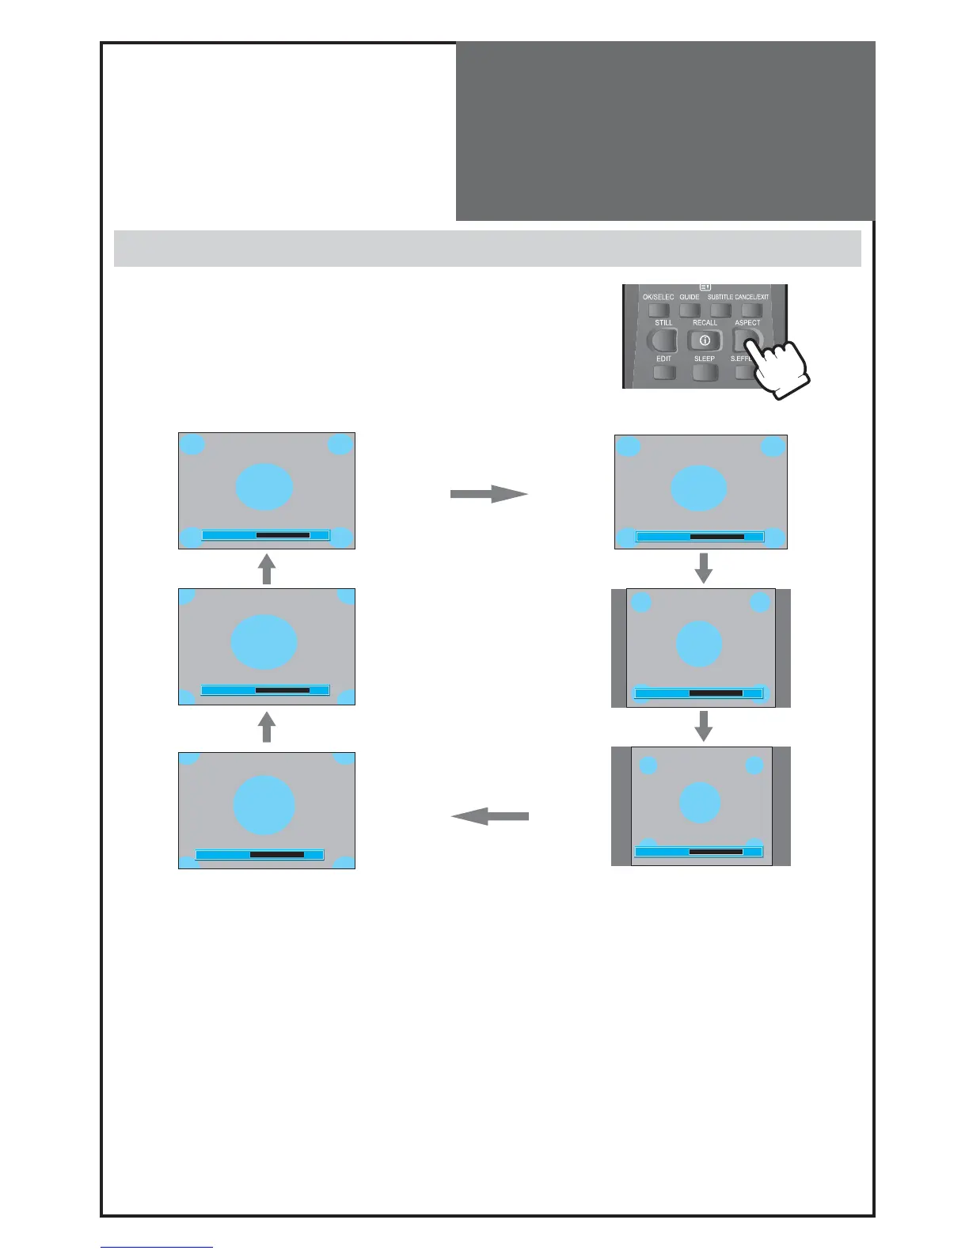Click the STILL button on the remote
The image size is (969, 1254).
(x=663, y=340)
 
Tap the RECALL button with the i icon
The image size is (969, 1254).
(x=705, y=340)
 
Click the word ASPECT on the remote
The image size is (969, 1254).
(x=747, y=322)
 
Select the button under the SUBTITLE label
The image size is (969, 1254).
(x=720, y=310)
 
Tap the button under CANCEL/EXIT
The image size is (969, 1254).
(x=751, y=310)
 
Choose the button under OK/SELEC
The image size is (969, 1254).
(x=659, y=310)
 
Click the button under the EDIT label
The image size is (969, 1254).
(x=663, y=372)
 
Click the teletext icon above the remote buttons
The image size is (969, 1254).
(x=705, y=287)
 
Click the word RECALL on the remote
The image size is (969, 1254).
(x=705, y=322)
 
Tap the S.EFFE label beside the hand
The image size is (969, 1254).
(x=741, y=359)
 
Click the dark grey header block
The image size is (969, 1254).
(x=665, y=131)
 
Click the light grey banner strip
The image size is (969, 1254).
(x=487, y=249)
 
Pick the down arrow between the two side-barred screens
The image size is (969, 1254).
(x=703, y=726)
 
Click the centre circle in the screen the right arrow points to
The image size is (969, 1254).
(x=699, y=488)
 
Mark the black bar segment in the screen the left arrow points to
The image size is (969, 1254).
(x=277, y=854)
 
